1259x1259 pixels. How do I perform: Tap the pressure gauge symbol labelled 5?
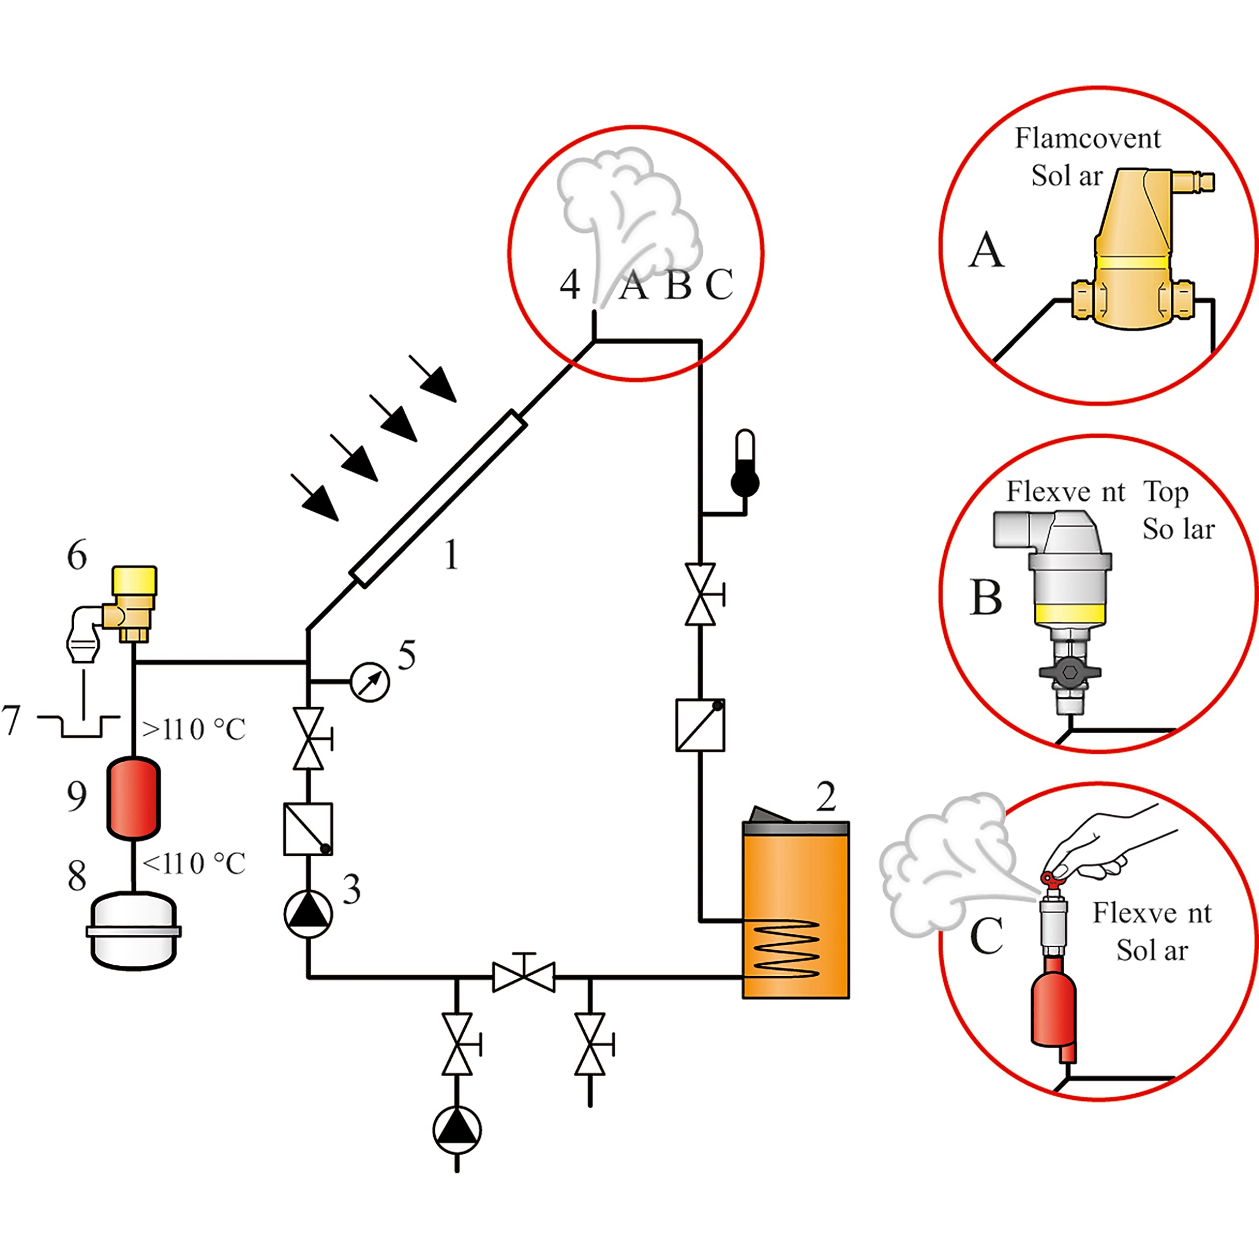tap(370, 682)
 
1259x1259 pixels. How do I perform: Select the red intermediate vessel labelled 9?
tap(134, 798)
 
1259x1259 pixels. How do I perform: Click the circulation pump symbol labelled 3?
tap(308, 914)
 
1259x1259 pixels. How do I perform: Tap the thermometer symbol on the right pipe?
tap(745, 463)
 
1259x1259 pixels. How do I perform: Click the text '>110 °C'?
tap(194, 729)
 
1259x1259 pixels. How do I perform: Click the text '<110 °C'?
tap(194, 864)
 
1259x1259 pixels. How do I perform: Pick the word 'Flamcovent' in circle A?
tap(1088, 138)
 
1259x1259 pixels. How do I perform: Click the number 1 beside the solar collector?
tap(451, 555)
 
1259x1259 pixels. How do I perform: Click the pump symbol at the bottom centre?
tap(457, 1131)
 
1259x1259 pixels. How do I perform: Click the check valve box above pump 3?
tap(308, 829)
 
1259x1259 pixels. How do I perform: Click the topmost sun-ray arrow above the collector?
tap(433, 378)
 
